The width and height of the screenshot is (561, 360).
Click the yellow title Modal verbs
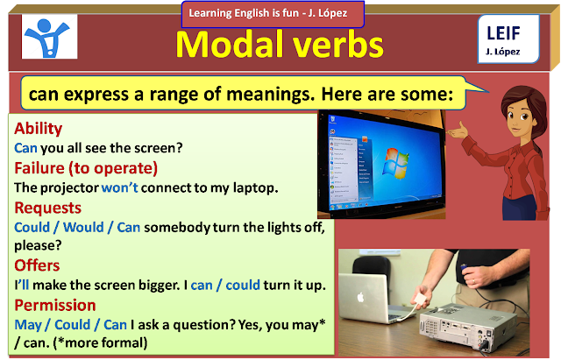[x=280, y=45]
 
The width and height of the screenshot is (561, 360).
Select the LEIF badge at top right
[x=508, y=39]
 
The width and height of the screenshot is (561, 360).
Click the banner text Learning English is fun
[x=244, y=13]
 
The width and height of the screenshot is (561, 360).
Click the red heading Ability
[x=39, y=128]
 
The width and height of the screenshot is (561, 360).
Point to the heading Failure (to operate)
[x=86, y=168]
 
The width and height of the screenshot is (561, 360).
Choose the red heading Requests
[x=48, y=208]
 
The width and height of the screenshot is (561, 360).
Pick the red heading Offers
[x=37, y=265]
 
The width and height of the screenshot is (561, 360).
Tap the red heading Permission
[x=55, y=305]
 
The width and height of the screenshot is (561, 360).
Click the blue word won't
[x=119, y=187]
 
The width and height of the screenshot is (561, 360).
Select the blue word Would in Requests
[x=83, y=228]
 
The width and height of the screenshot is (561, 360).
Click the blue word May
[x=28, y=325]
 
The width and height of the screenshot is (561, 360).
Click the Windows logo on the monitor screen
[x=396, y=163]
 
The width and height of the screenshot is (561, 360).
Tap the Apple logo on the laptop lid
[x=360, y=297]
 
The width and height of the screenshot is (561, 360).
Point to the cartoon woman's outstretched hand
[x=458, y=131]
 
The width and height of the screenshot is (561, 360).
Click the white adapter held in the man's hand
[x=420, y=299]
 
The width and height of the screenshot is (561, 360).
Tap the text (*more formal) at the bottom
[x=100, y=342]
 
